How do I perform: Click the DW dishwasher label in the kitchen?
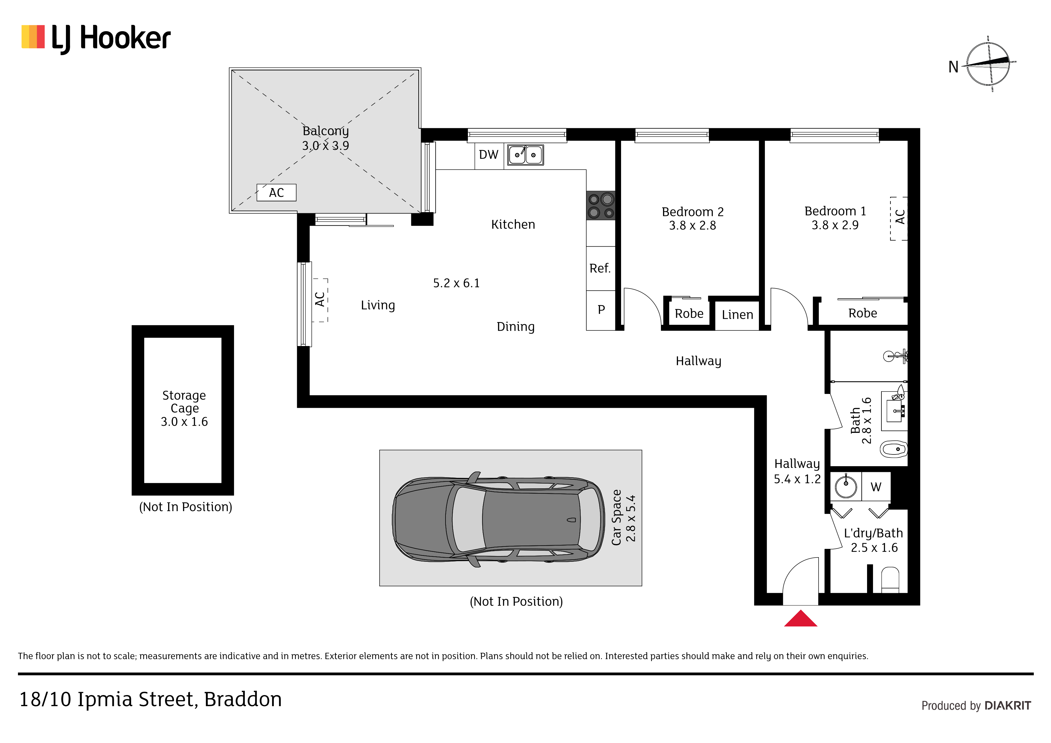pyautogui.click(x=488, y=155)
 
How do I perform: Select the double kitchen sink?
pyautogui.click(x=525, y=155)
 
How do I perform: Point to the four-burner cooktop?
pyautogui.click(x=601, y=206)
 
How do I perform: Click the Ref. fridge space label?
pyautogui.click(x=600, y=268)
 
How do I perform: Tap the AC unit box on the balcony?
pyautogui.click(x=277, y=193)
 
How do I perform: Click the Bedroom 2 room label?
pyautogui.click(x=693, y=212)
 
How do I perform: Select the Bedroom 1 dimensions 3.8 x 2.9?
pyautogui.click(x=835, y=225)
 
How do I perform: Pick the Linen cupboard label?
pyautogui.click(x=737, y=315)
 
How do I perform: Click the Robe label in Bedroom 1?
pyautogui.click(x=863, y=314)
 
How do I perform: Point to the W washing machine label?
pyautogui.click(x=876, y=487)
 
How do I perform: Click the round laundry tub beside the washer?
pyautogui.click(x=846, y=486)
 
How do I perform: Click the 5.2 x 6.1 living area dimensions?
pyautogui.click(x=456, y=283)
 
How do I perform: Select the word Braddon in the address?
pyautogui.click(x=243, y=700)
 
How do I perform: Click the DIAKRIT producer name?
pyautogui.click(x=1008, y=706)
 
